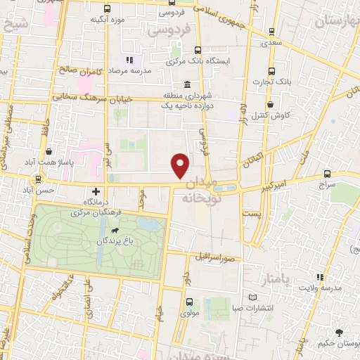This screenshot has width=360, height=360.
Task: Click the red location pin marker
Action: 181,165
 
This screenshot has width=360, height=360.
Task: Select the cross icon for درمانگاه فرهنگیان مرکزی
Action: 96,191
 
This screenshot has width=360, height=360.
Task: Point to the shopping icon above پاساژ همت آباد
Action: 49,151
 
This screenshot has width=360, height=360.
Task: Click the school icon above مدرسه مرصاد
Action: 129,60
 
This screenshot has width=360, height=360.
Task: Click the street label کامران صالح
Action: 79,71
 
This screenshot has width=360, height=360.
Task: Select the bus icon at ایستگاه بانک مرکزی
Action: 198,51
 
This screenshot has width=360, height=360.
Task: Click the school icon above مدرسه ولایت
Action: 320,278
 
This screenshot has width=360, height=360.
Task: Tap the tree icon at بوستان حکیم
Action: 340,333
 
